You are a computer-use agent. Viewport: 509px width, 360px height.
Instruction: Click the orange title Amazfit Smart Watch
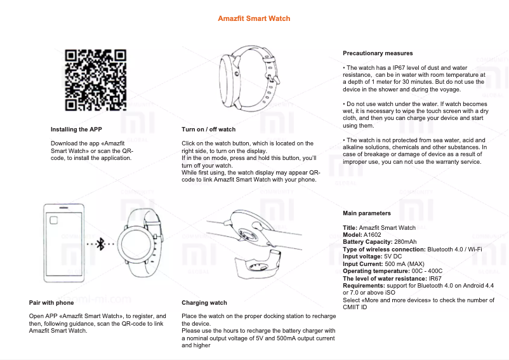tap(254, 18)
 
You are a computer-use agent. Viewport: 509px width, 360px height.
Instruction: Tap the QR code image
tap(95, 80)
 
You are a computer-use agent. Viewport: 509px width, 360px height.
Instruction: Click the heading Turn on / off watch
tap(208, 130)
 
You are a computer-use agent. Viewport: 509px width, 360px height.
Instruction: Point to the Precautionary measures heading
tap(378, 53)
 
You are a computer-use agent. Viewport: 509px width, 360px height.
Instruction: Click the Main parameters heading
tap(367, 213)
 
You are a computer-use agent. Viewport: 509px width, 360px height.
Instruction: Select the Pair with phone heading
tap(51, 303)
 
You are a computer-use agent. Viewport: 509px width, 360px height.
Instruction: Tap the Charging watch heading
tap(204, 303)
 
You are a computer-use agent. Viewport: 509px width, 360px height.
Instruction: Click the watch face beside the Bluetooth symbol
tap(138, 244)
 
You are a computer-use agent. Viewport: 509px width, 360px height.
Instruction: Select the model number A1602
tap(373, 235)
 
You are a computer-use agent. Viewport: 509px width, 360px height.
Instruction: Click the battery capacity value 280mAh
tap(405, 242)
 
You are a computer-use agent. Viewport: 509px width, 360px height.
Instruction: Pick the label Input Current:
tap(363, 263)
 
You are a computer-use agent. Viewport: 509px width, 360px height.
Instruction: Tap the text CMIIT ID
tap(355, 307)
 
